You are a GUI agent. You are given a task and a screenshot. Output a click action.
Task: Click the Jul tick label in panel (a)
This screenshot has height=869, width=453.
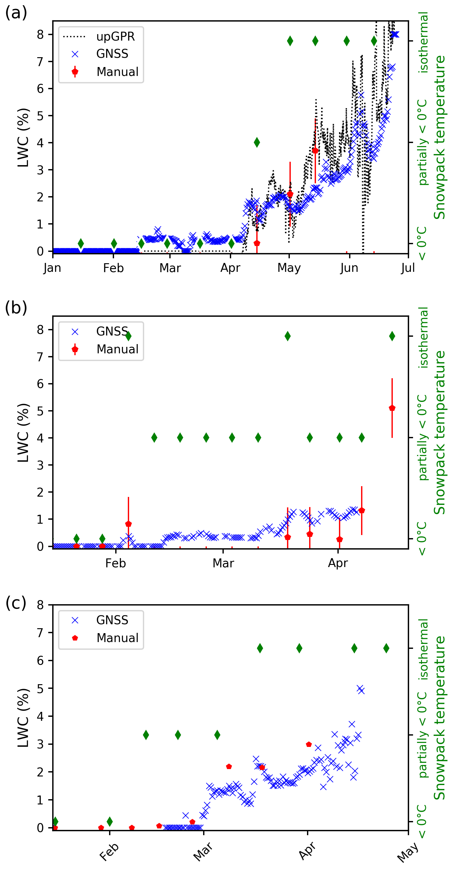pos(408,268)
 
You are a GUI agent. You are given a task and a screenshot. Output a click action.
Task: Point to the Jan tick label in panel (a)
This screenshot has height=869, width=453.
pos(53,268)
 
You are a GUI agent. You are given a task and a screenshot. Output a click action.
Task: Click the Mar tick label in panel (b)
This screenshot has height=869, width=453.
pos(223,563)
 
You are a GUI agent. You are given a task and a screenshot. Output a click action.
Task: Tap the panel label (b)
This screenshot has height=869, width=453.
pos(16,308)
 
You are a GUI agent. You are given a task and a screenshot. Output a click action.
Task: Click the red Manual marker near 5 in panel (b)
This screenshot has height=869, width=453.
pos(392,408)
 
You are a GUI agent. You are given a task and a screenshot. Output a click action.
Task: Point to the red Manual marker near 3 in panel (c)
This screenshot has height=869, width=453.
pos(309,744)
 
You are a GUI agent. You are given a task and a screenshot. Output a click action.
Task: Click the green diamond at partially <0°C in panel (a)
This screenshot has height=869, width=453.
pos(257,142)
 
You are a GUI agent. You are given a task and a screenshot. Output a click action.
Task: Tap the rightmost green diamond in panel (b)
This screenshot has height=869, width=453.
pos(392,336)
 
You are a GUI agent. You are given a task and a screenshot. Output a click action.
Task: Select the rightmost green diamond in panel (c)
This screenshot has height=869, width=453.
pos(386,648)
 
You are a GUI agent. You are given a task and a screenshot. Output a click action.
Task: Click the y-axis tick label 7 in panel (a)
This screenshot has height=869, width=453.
pos(41,62)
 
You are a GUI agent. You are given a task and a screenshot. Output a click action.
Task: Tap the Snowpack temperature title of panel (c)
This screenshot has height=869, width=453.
pos(439,717)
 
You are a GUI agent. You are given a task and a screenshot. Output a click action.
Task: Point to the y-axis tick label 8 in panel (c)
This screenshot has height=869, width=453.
pos(41,605)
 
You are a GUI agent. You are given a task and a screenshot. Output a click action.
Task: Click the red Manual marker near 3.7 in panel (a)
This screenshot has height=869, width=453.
pos(315,150)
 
